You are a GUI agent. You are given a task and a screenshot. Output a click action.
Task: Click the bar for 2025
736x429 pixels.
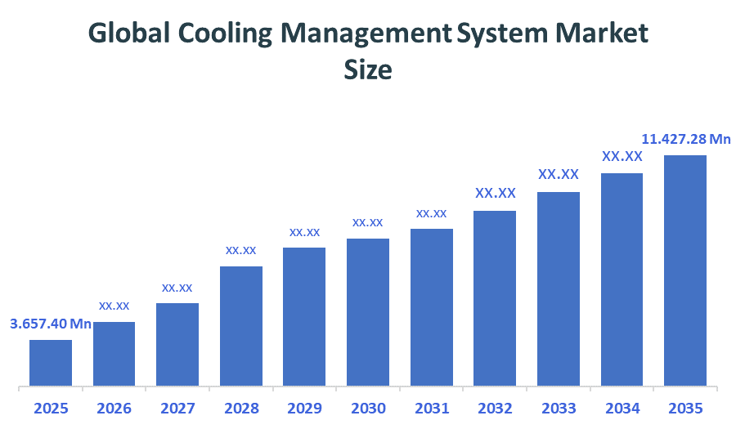click(51, 362)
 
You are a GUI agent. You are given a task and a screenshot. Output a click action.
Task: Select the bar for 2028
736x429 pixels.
click(241, 325)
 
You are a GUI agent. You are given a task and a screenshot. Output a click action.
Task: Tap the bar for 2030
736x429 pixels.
click(368, 311)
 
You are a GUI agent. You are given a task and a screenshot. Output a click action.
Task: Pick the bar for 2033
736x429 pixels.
click(559, 288)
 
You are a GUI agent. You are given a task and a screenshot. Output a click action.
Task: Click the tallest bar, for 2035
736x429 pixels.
click(685, 270)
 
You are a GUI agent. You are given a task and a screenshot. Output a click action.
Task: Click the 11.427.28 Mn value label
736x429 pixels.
click(685, 139)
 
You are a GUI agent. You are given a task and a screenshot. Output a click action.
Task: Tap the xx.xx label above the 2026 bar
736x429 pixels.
click(114, 306)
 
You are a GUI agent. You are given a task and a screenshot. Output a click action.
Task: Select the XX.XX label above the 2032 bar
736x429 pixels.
click(496, 194)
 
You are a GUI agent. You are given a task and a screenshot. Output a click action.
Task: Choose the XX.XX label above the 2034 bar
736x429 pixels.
click(622, 156)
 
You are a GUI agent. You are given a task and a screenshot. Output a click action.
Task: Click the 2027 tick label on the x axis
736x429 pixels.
click(177, 408)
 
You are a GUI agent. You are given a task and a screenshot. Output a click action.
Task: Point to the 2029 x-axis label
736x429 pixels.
click(304, 408)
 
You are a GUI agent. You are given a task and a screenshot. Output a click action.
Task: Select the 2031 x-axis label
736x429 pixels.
click(432, 408)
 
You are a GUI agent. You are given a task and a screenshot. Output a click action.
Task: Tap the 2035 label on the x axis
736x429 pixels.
click(685, 408)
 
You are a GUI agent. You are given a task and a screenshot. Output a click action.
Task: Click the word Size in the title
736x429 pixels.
click(368, 70)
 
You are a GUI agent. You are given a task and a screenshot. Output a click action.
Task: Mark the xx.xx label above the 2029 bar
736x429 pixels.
click(304, 232)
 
